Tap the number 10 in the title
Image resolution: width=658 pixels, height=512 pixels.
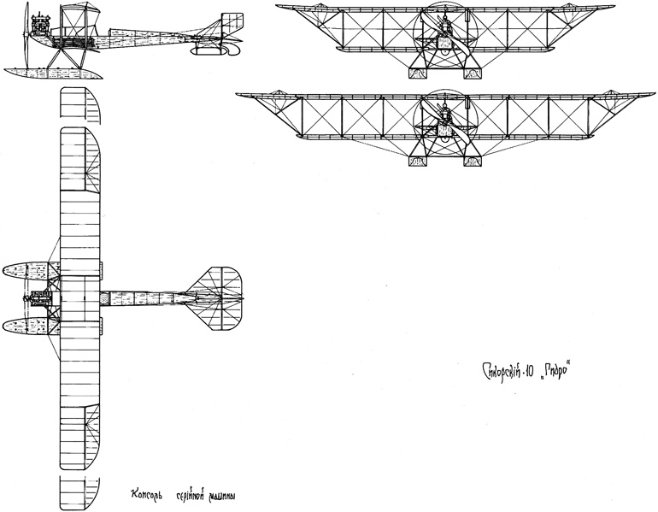pos(542,374)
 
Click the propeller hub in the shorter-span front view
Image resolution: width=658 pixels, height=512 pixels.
pos(444,28)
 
